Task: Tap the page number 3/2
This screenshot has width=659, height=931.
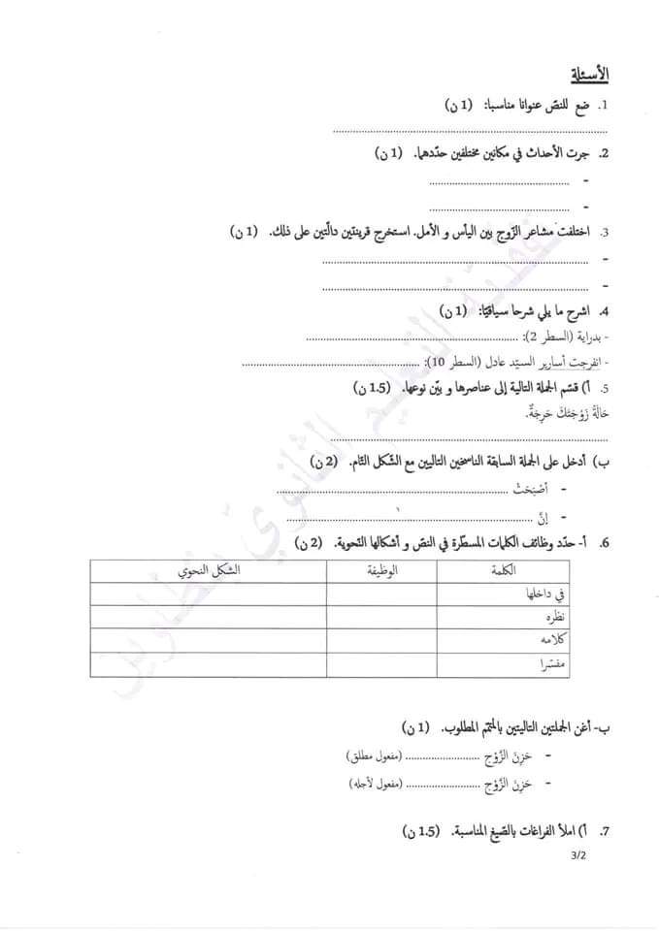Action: (579, 854)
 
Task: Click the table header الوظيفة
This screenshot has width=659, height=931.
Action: (383, 572)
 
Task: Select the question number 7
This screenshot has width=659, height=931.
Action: (604, 832)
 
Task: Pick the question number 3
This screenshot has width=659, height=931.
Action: (604, 233)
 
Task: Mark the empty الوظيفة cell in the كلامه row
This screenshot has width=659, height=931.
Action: (383, 641)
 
